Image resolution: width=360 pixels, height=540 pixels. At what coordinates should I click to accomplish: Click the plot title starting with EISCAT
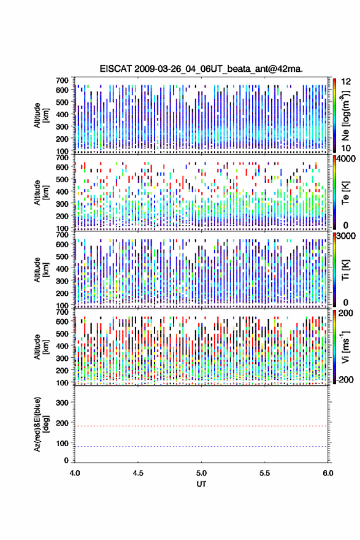[x=201, y=69]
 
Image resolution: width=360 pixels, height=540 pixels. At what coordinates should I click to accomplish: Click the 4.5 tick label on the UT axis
[x=138, y=473]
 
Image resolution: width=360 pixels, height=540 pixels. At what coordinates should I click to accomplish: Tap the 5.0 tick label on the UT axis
[x=201, y=473]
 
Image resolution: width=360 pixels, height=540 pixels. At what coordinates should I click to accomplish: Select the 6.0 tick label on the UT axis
[x=328, y=473]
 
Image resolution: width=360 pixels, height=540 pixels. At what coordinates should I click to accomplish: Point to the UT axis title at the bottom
[x=201, y=484]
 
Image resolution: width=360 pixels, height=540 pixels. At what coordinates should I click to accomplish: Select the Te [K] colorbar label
[x=345, y=193]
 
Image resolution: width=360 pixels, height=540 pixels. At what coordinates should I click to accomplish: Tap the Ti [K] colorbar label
[x=345, y=269]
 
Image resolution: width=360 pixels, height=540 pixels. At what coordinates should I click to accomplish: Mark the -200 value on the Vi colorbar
[x=344, y=379]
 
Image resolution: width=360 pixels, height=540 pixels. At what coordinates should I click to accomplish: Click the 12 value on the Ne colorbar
[x=346, y=82]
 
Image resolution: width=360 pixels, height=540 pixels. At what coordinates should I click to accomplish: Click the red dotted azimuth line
[x=201, y=426]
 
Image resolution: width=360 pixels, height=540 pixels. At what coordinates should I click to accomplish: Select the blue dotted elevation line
[x=201, y=446]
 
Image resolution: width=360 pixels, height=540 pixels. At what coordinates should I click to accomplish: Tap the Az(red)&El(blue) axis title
[x=40, y=424]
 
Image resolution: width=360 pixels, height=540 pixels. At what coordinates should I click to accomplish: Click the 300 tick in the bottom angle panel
[x=63, y=403]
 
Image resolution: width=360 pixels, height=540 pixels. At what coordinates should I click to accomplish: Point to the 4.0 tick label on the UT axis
[x=75, y=473]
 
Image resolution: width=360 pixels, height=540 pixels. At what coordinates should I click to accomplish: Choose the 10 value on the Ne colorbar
[x=346, y=148]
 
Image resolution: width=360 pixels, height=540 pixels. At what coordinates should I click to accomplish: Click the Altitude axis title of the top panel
[x=40, y=115]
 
